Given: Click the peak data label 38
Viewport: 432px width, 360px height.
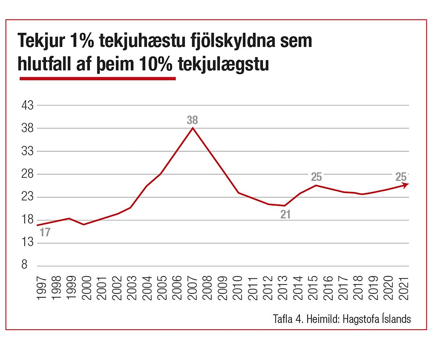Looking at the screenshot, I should click(192, 120).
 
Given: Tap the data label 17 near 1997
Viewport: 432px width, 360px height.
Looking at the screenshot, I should click(45, 232).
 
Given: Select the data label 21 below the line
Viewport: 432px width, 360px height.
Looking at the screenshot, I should click(285, 215).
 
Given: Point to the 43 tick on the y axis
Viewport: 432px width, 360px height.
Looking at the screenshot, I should click(27, 106).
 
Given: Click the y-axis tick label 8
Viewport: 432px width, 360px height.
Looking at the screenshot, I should click(24, 265).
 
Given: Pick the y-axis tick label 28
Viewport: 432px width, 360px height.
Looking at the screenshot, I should click(27, 174).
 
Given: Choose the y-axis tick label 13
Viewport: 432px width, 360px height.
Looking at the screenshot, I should click(27, 242).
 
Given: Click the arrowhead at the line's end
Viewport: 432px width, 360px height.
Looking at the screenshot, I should click(405, 185).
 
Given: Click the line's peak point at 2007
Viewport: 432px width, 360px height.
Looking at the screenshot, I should click(193, 128).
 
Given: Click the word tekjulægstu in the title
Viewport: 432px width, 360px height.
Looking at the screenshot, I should click(223, 64).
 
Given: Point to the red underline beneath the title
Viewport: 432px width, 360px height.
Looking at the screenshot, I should click(98, 79).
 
